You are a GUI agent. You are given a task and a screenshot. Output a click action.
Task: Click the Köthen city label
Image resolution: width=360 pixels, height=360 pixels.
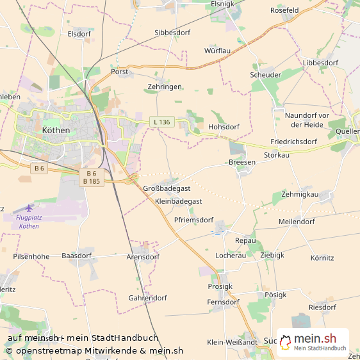point(56,130)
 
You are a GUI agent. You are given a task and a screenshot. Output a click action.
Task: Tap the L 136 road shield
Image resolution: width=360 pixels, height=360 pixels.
point(161,122)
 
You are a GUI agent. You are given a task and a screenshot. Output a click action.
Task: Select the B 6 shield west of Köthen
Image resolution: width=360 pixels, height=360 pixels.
point(40,168)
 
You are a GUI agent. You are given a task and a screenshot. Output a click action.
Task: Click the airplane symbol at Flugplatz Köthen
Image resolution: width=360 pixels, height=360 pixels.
point(29,208)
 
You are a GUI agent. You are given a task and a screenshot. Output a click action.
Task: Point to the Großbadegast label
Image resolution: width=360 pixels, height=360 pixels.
point(167,188)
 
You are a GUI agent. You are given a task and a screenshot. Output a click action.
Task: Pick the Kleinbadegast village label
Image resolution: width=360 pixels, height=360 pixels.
point(179,201)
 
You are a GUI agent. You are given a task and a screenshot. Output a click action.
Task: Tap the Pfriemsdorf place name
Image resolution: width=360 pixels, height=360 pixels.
point(193,220)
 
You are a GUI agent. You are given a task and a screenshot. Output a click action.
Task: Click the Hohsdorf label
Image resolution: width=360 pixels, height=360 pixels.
point(224,127)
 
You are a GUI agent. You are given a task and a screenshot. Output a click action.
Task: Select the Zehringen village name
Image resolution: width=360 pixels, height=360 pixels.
point(165,86)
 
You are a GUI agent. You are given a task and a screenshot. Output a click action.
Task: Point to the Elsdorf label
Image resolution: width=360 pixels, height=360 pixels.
point(79,33)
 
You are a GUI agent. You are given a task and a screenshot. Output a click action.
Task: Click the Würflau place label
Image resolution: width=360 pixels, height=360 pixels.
point(217,50)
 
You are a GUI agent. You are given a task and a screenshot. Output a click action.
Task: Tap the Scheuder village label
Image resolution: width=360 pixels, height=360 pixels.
point(265,75)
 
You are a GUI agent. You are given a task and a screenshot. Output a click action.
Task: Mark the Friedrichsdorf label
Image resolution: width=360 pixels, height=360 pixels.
point(294,142)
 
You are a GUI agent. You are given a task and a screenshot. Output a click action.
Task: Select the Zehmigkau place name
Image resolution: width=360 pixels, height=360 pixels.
point(300,193)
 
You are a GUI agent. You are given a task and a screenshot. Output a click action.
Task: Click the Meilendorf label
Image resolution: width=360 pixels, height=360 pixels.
point(297,222)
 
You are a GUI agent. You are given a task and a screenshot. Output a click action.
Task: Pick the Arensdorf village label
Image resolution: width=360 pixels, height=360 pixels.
point(143,257)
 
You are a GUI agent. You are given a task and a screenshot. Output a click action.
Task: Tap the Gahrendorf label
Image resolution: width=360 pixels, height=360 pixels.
point(148,298)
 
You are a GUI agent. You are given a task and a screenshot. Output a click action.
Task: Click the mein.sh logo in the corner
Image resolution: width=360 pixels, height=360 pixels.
point(313,341)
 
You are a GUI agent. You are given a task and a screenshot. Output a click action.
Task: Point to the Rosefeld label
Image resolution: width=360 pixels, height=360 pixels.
point(284,10)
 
